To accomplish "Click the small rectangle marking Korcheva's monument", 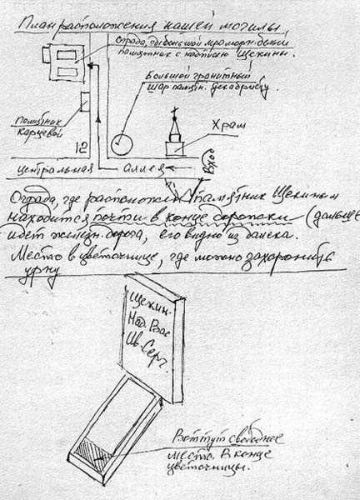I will [x=84, y=103].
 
